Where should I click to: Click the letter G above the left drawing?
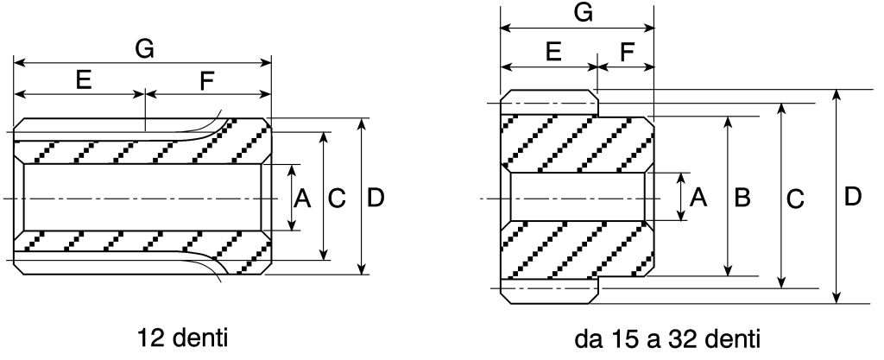[144, 49]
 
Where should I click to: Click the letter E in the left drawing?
[84, 80]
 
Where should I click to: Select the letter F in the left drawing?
[207, 80]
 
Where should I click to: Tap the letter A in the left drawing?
[301, 199]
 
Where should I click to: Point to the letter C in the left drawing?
[338, 199]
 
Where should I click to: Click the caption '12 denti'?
[182, 337]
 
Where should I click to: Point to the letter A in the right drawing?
[700, 199]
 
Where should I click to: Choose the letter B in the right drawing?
[742, 199]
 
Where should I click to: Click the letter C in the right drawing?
[795, 199]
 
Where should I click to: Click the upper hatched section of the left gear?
[142, 150]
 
